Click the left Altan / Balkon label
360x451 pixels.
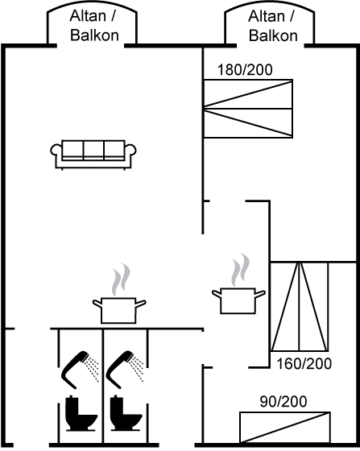[94, 26]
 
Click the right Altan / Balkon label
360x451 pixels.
[272, 26]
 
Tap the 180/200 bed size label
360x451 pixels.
[245, 70]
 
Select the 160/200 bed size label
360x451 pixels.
[304, 364]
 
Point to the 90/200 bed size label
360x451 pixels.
[283, 402]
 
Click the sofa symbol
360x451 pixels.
[93, 155]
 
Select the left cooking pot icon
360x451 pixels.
[119, 310]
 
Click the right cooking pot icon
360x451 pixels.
[238, 300]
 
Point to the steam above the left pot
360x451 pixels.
[121, 279]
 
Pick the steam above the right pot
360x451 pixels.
[240, 270]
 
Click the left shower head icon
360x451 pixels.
[80, 370]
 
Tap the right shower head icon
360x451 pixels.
[124, 370]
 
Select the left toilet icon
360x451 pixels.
[81, 414]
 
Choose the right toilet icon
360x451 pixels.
[126, 414]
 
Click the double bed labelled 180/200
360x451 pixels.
[248, 109]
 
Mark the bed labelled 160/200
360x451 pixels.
[300, 307]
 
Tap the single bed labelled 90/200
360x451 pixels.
[285, 428]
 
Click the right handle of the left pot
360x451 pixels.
[141, 303]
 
